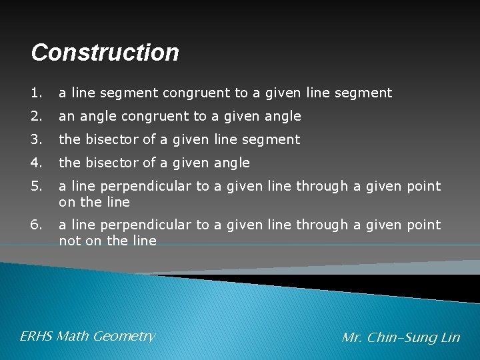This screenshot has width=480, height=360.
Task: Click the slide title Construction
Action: [x=105, y=53]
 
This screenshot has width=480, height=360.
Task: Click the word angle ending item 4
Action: [x=231, y=163]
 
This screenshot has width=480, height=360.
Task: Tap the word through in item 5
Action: [x=322, y=186]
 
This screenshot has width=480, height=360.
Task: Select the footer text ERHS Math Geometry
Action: [x=87, y=336]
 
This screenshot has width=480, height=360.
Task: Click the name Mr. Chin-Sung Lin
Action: [x=401, y=337]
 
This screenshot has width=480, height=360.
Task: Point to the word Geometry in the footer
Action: [x=124, y=337]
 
